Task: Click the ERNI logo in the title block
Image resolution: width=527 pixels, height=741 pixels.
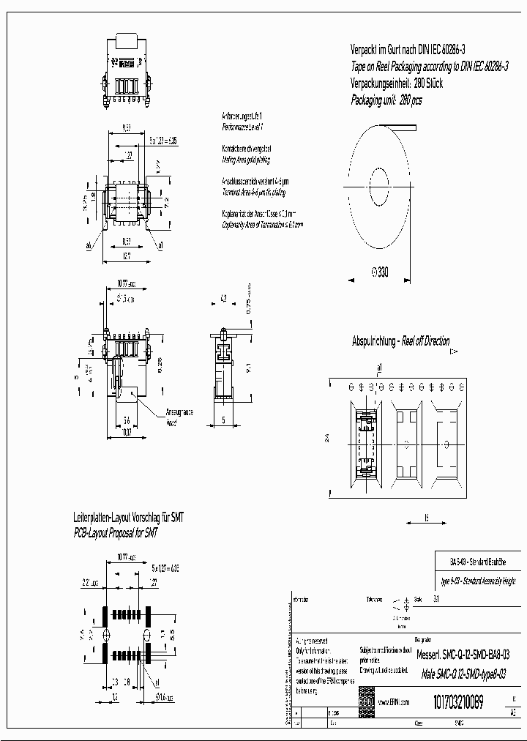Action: pos(366,703)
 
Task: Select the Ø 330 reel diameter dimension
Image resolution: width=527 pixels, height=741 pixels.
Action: pos(380,272)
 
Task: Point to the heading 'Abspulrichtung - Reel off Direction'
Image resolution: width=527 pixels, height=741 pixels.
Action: pos(400,341)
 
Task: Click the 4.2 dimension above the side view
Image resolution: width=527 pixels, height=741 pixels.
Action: pos(223,298)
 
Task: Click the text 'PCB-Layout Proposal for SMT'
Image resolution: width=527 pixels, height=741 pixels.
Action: pos(116,533)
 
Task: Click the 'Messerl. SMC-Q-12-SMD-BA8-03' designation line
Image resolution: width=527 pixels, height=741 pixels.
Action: pos(463,655)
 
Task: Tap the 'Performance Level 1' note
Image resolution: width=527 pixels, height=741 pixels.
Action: pos(242,126)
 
